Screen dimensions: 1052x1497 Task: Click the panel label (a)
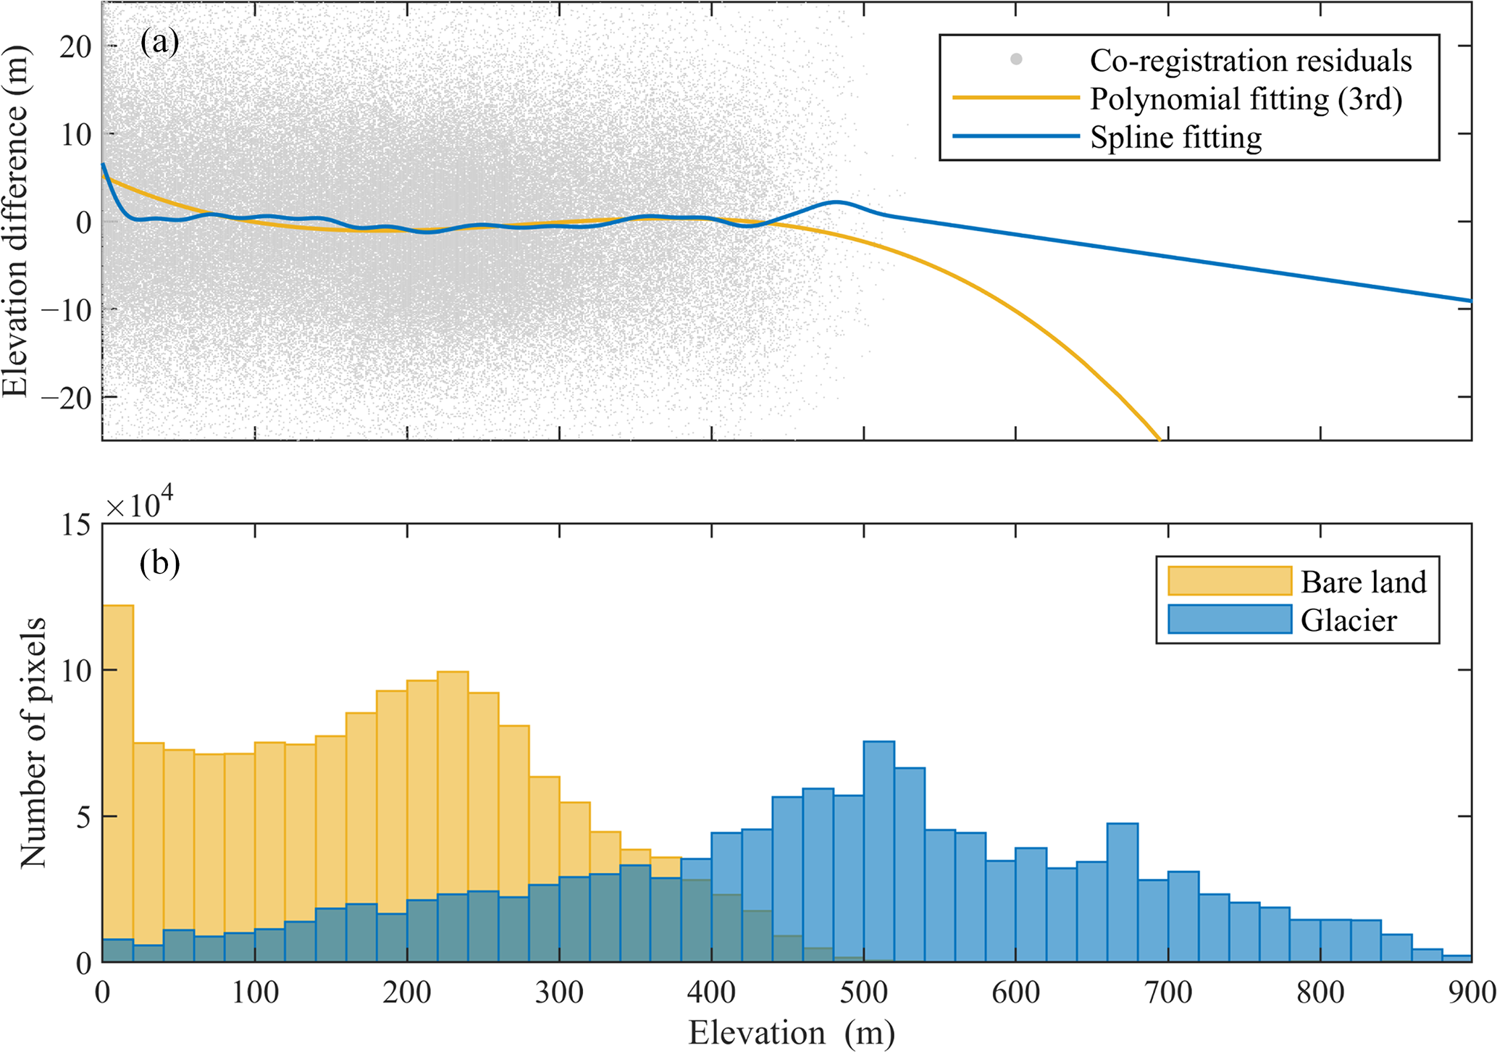pyautogui.click(x=159, y=43)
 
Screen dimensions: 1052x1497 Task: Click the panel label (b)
pyautogui.click(x=159, y=563)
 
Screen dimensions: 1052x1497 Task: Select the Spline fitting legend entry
pyautogui.click(x=1175, y=137)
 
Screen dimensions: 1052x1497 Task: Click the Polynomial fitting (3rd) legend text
pyautogui.click(x=1246, y=99)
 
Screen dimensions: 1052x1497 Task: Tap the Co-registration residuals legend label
pyautogui.click(x=1250, y=61)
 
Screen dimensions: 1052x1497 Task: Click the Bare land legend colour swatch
pyautogui.click(x=1229, y=581)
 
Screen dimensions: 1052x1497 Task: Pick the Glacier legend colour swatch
pyautogui.click(x=1229, y=619)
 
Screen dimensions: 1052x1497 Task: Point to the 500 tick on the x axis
pyautogui.click(x=864, y=992)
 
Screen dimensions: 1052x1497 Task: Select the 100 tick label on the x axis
pyautogui.click(x=255, y=992)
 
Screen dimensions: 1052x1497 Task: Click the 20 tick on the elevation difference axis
pyautogui.click(x=75, y=46)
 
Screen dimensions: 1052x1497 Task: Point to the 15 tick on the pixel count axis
pyautogui.click(x=75, y=525)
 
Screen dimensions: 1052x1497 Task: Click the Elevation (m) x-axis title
pyautogui.click(x=791, y=1032)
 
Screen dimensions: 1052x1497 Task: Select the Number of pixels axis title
pyautogui.click(x=33, y=742)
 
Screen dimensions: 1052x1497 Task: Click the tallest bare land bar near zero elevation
pyautogui.click(x=117, y=782)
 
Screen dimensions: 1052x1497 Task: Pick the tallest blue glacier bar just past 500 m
pyautogui.click(x=879, y=851)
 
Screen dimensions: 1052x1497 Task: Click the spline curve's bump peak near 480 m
pyautogui.click(x=836, y=202)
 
